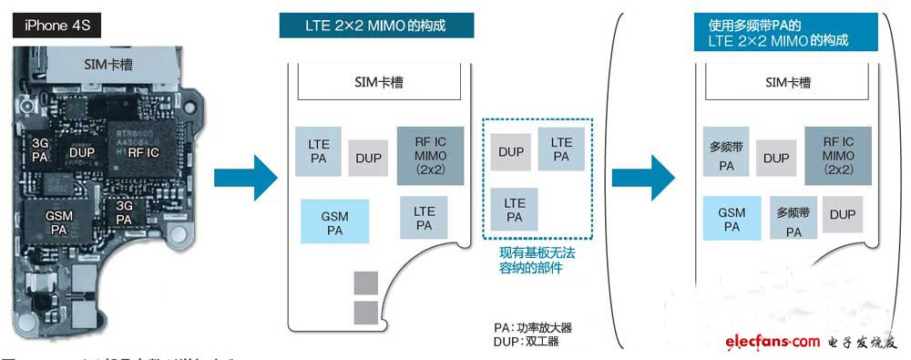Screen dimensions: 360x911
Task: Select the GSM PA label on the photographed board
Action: [x=59, y=221]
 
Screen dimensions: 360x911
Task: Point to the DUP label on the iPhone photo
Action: [x=82, y=153]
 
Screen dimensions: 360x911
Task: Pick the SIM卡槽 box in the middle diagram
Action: [x=378, y=83]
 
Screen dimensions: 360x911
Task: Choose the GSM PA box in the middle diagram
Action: [x=334, y=221]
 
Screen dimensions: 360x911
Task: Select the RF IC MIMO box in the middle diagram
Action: [x=430, y=157]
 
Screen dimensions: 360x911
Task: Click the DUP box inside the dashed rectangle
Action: [x=511, y=151]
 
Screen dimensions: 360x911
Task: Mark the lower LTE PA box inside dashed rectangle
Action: [x=514, y=210]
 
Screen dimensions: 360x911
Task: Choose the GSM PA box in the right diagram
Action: [x=732, y=220]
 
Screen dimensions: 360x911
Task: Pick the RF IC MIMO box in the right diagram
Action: [x=838, y=157]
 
